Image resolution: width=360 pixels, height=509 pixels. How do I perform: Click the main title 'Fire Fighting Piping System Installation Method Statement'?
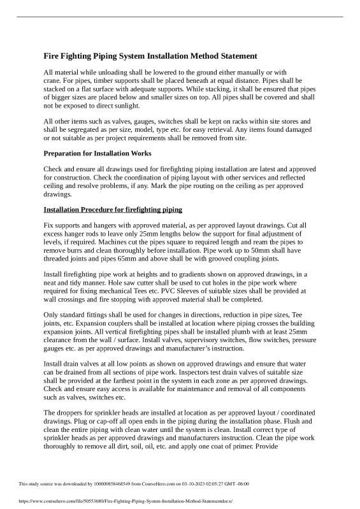[x=150, y=56]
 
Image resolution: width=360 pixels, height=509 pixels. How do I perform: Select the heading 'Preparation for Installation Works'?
[x=96, y=154]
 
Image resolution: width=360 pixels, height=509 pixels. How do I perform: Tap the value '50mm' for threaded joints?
[x=276, y=251]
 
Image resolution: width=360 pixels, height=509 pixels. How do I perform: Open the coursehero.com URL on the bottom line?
[x=117, y=501]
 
